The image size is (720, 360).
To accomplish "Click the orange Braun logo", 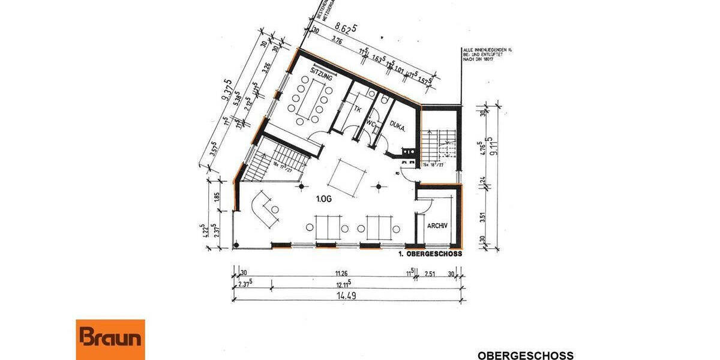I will tap(110, 339).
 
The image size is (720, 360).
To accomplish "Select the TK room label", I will tap(358, 109).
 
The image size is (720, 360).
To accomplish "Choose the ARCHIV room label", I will tap(437, 226).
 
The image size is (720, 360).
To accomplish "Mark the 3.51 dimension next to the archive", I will tap(482, 214).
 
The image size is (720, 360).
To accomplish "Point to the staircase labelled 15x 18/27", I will tap(440, 147).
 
